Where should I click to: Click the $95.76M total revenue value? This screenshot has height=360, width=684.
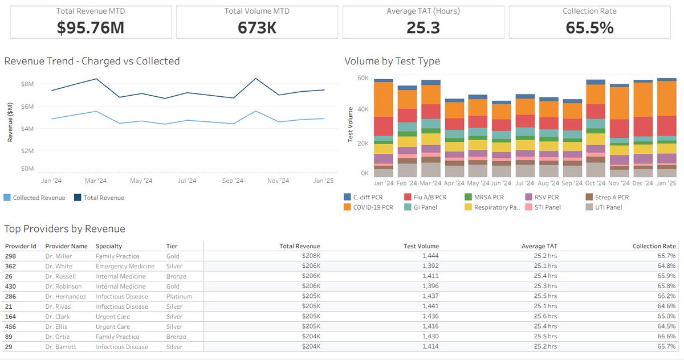point(91,27)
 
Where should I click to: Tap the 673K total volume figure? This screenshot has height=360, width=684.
point(257,27)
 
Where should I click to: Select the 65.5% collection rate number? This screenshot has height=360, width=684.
point(589,27)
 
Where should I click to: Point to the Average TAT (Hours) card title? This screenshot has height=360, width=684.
point(423,11)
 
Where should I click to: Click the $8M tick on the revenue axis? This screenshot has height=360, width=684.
point(27,84)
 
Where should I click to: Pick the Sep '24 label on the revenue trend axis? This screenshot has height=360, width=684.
point(233,181)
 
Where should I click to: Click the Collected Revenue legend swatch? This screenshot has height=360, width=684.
point(7,198)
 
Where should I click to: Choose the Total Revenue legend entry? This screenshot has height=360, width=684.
point(99,198)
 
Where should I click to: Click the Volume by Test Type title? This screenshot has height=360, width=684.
point(392,61)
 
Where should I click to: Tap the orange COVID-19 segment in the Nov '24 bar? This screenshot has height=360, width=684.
point(619,103)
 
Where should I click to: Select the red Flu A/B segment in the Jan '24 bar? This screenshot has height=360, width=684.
point(383,126)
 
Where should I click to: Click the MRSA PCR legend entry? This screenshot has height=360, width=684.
point(484,197)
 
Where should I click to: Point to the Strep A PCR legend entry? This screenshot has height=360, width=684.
point(607,197)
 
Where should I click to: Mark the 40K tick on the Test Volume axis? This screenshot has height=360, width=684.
point(363,109)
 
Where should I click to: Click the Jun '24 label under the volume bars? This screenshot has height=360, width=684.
point(501,183)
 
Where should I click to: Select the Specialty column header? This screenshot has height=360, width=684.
point(109,246)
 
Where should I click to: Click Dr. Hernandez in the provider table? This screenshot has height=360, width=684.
point(66,296)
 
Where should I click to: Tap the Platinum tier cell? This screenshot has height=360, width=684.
point(179,296)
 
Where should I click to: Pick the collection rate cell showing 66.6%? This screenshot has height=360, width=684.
point(666,336)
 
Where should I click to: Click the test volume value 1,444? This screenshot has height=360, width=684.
point(430,256)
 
